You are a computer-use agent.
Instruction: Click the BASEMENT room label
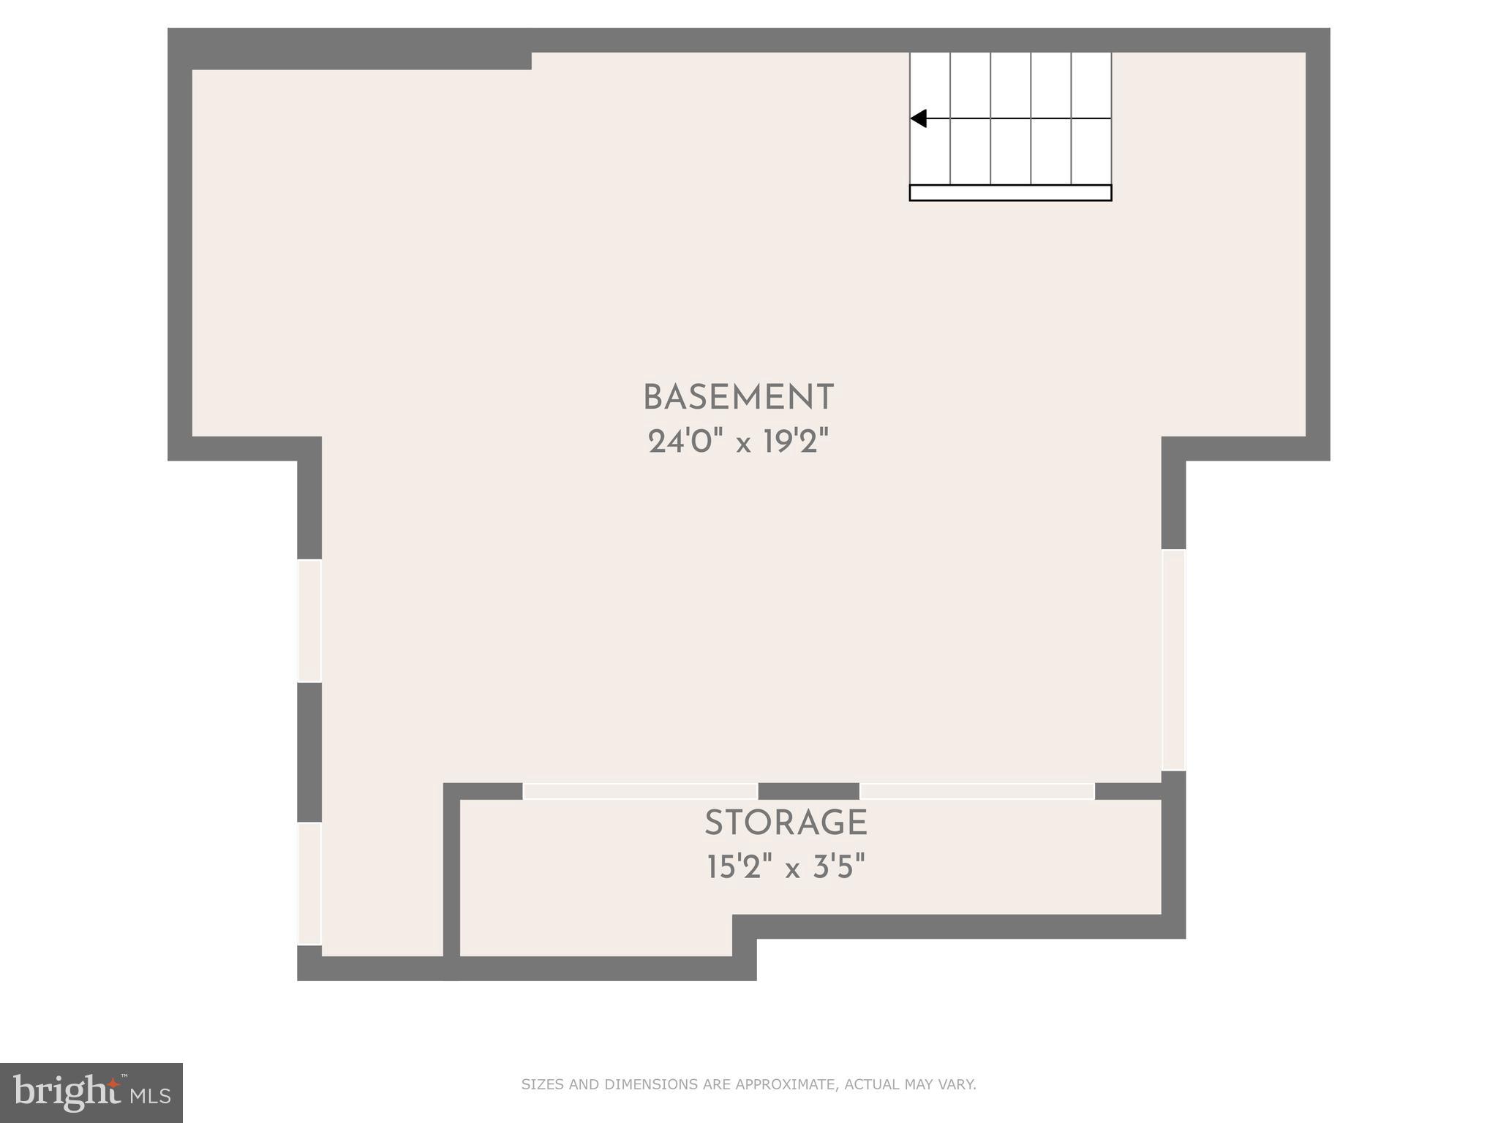[x=738, y=398]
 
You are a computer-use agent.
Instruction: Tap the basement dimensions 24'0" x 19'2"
[x=738, y=442]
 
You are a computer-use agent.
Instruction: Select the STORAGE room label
[x=786, y=824]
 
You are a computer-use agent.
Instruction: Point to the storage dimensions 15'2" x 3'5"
[x=786, y=868]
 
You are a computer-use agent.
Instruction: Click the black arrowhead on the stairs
[x=919, y=118]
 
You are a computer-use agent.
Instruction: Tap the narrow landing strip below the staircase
[x=1010, y=193]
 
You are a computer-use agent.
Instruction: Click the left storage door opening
[x=640, y=791]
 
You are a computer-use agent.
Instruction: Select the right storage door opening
[x=976, y=791]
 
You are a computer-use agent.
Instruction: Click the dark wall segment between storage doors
[x=808, y=791]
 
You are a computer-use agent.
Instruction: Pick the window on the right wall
[x=1173, y=659]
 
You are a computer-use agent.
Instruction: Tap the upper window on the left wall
[x=309, y=621]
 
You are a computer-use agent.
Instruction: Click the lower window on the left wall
[x=309, y=883]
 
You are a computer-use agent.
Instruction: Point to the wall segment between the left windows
[x=309, y=752]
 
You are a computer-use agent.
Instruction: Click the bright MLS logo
[x=91, y=1092]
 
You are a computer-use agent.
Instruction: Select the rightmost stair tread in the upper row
[x=1091, y=85]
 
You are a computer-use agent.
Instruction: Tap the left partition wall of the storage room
[x=452, y=877]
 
